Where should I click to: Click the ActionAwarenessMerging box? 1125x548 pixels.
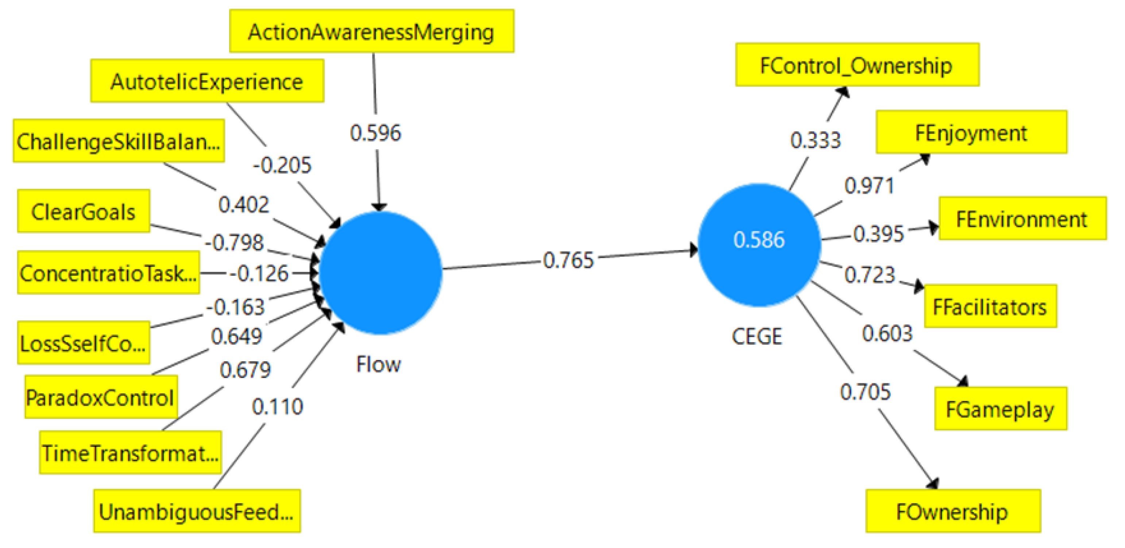point(372,31)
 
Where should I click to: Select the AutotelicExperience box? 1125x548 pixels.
point(207,81)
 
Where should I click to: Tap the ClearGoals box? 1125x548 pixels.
point(84,211)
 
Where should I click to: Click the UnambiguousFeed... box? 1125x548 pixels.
point(197,511)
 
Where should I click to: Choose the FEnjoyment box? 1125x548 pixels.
point(971,132)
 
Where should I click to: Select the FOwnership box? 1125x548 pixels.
point(953,511)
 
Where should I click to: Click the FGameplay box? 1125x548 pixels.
point(1000,409)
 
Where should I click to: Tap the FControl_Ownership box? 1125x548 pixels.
point(857,65)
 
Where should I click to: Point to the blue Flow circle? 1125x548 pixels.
point(380,273)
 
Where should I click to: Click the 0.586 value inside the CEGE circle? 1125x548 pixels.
point(759,240)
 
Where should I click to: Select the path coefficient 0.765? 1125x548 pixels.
point(568,260)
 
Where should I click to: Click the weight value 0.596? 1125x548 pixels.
point(375,133)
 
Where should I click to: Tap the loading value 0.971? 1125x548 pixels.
point(869,186)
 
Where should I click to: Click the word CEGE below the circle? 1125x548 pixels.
point(757,336)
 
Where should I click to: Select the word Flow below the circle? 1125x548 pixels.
point(378,364)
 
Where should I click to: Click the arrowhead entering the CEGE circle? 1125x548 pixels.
point(693,250)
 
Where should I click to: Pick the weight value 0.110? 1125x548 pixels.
point(277,406)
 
